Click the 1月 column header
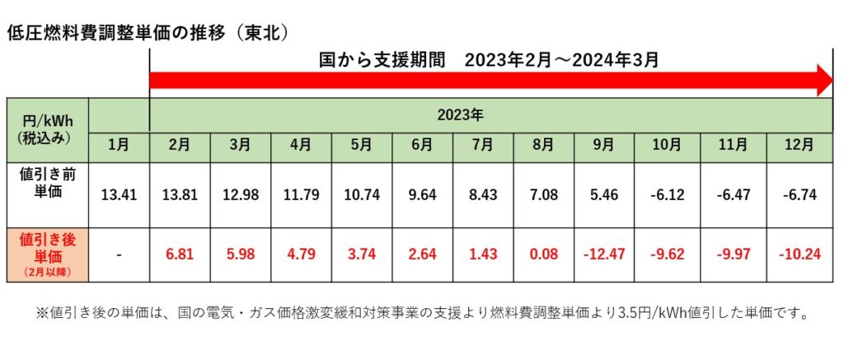(x=119, y=145)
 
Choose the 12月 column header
(x=799, y=145)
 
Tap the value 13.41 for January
(x=119, y=195)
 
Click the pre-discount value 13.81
(x=179, y=195)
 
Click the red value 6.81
(x=179, y=255)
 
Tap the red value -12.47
(x=603, y=255)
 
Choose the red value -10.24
(x=799, y=255)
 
